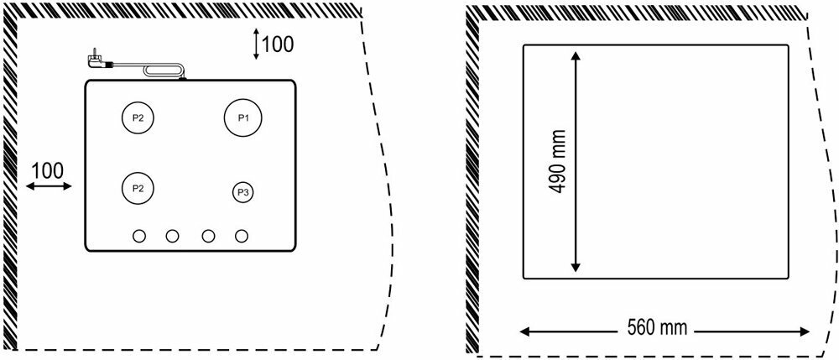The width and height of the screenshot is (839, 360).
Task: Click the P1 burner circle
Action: (x=242, y=117)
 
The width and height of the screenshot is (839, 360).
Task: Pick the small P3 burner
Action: (x=242, y=192)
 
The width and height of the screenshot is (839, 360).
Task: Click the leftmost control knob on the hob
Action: (x=140, y=236)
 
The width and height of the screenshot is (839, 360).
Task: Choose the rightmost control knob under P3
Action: (x=242, y=236)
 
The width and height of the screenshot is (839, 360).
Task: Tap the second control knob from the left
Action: (x=173, y=236)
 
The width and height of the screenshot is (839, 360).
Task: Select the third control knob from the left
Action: (x=208, y=236)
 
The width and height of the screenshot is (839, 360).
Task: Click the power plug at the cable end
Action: (x=94, y=60)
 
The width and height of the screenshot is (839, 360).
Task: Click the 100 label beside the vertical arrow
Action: (x=278, y=44)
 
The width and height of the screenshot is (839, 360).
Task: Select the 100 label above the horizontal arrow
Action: (x=47, y=170)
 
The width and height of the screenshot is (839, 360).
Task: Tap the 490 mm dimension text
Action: (x=555, y=161)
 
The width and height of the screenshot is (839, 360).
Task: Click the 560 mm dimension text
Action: (x=657, y=328)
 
